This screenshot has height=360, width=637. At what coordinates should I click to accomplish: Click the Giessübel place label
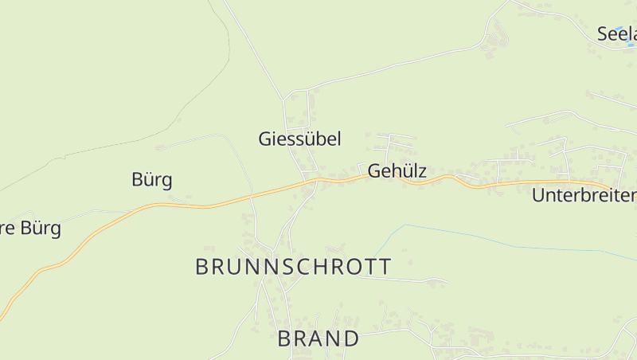299,139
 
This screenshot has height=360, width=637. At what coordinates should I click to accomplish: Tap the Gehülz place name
397,171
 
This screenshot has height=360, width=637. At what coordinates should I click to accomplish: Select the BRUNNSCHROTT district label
293,267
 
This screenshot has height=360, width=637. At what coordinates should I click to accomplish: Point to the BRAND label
318,338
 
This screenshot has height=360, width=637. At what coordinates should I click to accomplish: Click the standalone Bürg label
151,179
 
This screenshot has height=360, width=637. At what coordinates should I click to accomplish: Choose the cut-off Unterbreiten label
584,195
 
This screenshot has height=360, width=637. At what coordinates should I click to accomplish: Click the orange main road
199,206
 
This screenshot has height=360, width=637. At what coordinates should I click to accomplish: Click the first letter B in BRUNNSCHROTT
202,267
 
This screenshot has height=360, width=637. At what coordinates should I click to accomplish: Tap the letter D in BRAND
351,338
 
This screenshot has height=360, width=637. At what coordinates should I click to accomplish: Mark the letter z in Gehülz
423,171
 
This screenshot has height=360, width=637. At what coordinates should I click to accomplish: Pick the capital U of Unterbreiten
538,195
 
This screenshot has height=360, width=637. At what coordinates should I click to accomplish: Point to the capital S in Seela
603,34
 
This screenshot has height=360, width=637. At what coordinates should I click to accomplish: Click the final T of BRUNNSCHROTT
384,267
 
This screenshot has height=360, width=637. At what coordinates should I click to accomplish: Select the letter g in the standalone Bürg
166,181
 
